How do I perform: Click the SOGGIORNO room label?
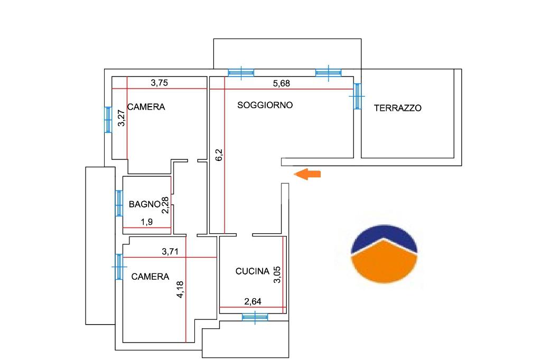pyautogui.click(x=265, y=105)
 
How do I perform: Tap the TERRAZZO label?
pyautogui.click(x=398, y=108)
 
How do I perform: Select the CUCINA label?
pyautogui.click(x=252, y=271)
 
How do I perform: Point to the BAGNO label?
pyautogui.click(x=144, y=204)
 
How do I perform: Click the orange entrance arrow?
pyautogui.click(x=307, y=174)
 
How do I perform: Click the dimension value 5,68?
pyautogui.click(x=282, y=83)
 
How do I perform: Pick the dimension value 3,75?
pyautogui.click(x=160, y=83)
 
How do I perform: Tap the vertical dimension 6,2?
pyautogui.click(x=219, y=155)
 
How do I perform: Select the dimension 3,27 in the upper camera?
pyautogui.click(x=121, y=118)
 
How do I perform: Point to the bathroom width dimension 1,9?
pyautogui.click(x=147, y=222)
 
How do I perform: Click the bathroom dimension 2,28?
pyautogui.click(x=165, y=205)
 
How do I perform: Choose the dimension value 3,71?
pyautogui.click(x=170, y=252)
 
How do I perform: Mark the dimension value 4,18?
pyautogui.click(x=180, y=290)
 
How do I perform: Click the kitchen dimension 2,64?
pyautogui.click(x=253, y=302)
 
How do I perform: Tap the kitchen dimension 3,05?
pyautogui.click(x=277, y=275)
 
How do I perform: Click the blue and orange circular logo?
pyautogui.click(x=384, y=254)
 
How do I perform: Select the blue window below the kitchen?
pyautogui.click(x=255, y=317)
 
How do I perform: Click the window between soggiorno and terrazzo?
pyautogui.click(x=357, y=96)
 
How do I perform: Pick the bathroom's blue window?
pyautogui.click(x=119, y=203)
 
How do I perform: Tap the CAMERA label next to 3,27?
pyautogui.click(x=146, y=107)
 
